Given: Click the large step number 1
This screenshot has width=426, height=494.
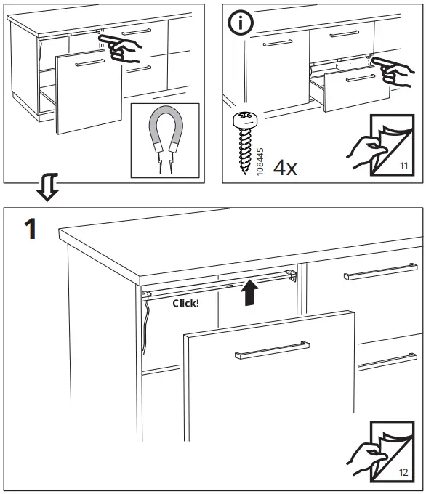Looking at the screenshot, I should [x=29, y=231].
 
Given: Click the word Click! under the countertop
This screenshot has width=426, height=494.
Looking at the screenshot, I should [x=186, y=303].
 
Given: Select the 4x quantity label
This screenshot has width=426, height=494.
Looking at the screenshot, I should [x=285, y=169].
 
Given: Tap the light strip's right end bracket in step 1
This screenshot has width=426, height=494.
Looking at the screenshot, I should [x=290, y=274].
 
